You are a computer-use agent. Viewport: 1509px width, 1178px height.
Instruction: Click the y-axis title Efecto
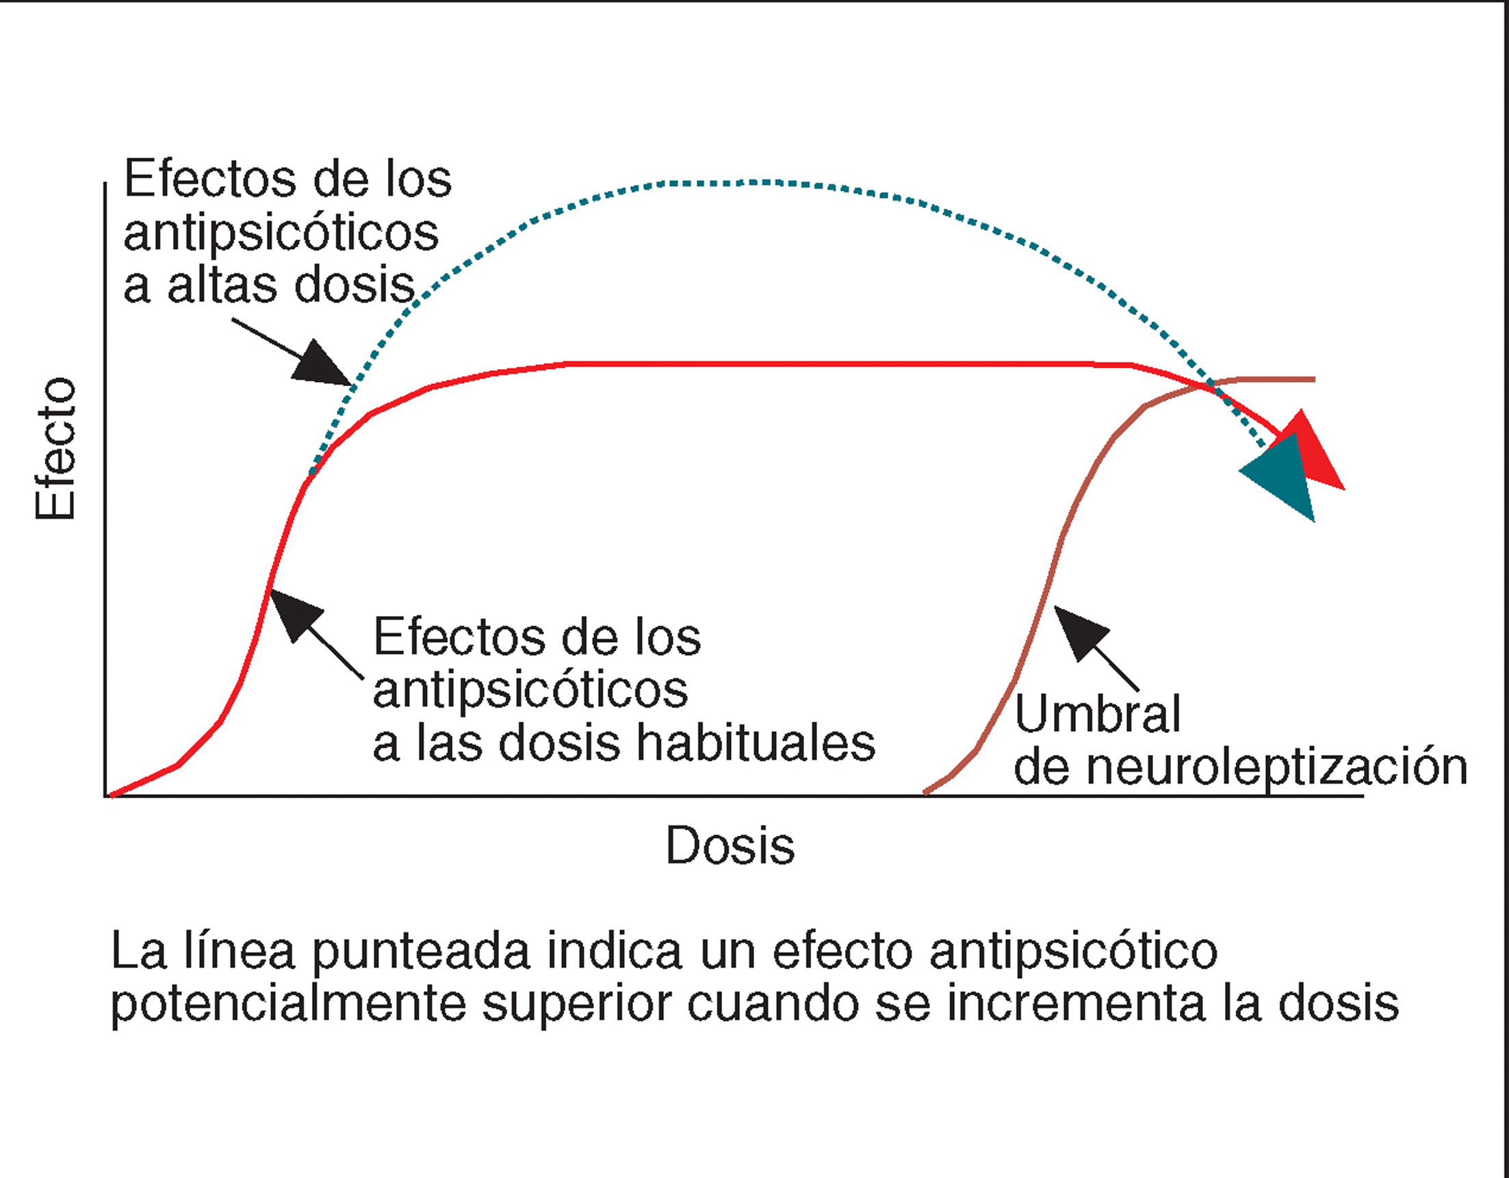55,448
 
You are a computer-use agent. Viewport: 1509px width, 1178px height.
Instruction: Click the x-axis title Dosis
730,845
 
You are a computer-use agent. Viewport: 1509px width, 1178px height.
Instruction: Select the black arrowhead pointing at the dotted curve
318,364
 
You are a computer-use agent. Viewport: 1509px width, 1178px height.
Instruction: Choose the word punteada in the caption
421,951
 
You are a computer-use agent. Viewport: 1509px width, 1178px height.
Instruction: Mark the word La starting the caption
138,951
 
